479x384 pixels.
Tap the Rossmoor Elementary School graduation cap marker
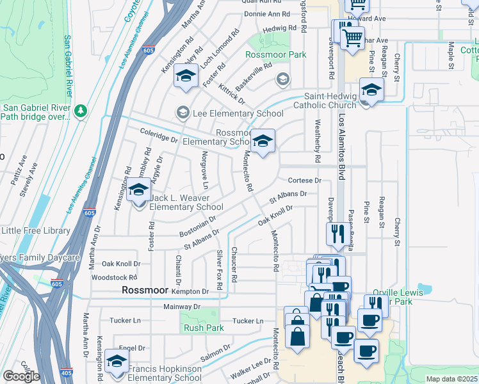(x=262, y=141)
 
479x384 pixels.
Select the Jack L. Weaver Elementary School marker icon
(x=139, y=191)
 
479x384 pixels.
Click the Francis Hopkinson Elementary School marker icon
(x=116, y=362)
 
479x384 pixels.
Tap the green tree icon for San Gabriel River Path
(x=81, y=111)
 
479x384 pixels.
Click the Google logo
(x=21, y=376)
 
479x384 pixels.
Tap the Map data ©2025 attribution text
(x=451, y=379)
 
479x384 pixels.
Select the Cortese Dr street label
(x=304, y=180)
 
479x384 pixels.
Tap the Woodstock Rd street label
(x=115, y=277)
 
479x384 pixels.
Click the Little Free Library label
(x=35, y=230)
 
